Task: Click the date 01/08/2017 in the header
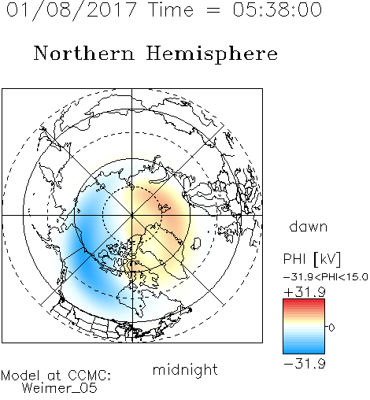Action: (71, 9)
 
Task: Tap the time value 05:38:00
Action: (277, 9)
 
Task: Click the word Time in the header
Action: (171, 9)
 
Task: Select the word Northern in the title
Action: (84, 53)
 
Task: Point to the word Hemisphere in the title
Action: (212, 54)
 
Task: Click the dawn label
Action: (309, 226)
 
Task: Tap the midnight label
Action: (185, 369)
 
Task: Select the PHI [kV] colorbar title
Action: (312, 259)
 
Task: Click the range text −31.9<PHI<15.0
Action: (326, 277)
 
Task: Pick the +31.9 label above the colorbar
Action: (305, 292)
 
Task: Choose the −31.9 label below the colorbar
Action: (305, 364)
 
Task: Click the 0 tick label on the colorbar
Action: (331, 328)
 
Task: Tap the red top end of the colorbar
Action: (304, 301)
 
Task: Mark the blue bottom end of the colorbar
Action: (304, 351)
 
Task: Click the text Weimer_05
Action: (60, 388)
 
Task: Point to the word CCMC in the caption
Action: (88, 376)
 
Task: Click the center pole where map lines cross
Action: (132, 215)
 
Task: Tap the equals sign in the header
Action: (213, 10)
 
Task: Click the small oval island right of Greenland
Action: (195, 243)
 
